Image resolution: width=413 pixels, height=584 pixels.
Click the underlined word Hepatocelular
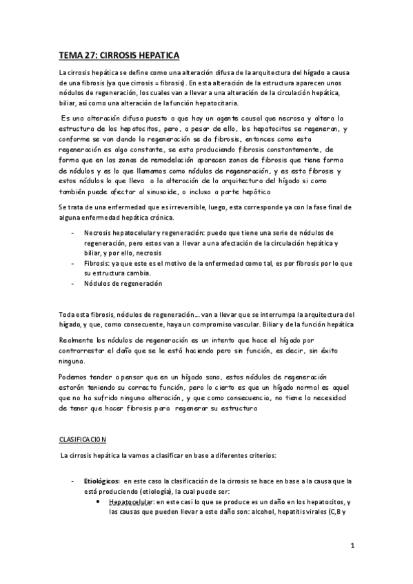(132, 502)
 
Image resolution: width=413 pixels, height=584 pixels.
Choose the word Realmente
(77, 340)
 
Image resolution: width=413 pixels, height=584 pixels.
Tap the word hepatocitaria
(209, 103)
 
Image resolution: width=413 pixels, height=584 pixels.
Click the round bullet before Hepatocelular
(101, 502)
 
